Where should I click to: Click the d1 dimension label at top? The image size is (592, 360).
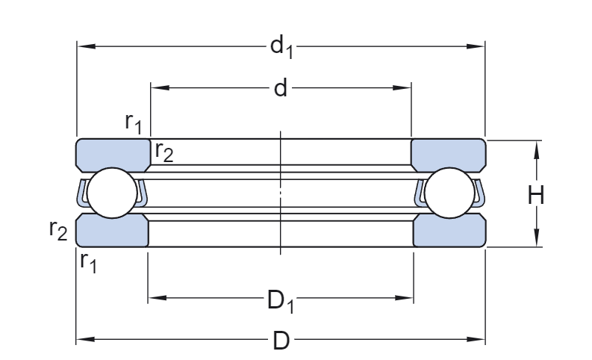[x=281, y=48]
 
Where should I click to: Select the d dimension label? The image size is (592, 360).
[x=280, y=89]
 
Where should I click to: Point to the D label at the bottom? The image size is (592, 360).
[x=281, y=341]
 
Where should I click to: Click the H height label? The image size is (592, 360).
[x=536, y=196]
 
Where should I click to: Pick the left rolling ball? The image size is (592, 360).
[x=111, y=193]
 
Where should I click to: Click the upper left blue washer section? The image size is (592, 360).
[x=113, y=154]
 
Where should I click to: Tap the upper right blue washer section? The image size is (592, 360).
[x=448, y=154]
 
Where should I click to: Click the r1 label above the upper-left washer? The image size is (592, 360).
[x=134, y=122]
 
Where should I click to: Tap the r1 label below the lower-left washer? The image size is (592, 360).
[x=88, y=261]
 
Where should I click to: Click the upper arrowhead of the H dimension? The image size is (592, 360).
[x=536, y=148]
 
